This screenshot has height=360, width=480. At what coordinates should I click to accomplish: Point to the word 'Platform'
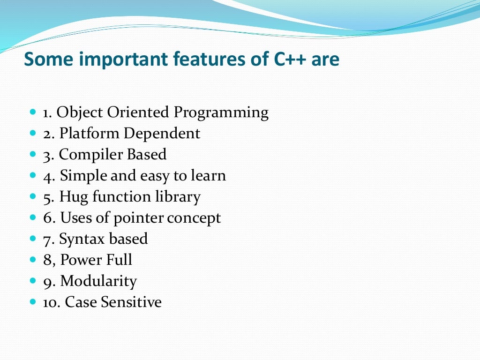coord(90,134)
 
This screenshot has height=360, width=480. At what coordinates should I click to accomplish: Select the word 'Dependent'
coord(162,134)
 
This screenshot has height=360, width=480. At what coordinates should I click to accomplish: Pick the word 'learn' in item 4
coord(209,176)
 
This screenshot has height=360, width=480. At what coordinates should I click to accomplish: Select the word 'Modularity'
coord(98,281)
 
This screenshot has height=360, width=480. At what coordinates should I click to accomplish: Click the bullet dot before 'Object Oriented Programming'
coord(32,113)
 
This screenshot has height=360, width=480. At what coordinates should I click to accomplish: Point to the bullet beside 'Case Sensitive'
coord(32,302)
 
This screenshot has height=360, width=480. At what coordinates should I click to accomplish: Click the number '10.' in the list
coord(52,302)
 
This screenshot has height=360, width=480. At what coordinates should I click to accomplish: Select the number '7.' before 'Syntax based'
coord(49,239)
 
